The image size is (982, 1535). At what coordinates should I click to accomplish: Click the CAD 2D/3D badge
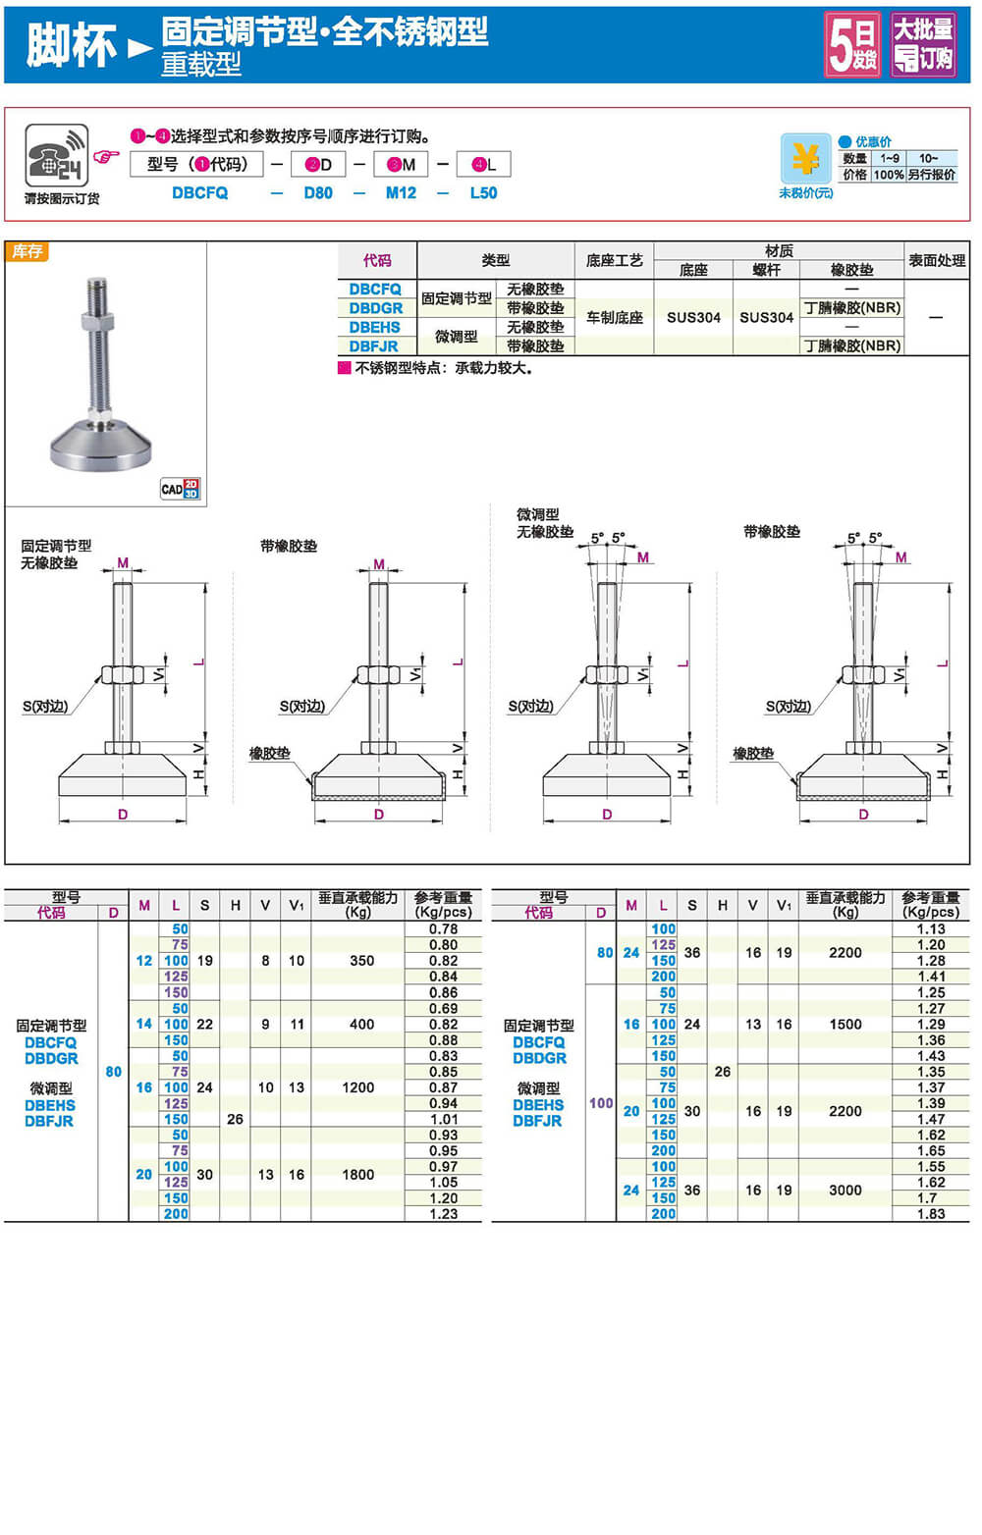(181, 489)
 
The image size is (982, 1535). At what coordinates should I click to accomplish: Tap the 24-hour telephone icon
(57, 155)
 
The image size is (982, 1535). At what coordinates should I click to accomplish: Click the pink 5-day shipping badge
(852, 45)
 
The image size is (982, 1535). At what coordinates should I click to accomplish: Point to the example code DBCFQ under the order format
(199, 193)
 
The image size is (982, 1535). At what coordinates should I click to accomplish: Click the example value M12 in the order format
(402, 193)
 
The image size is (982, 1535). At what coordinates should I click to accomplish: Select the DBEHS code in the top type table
(374, 327)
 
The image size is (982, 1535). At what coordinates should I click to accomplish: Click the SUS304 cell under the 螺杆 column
(766, 317)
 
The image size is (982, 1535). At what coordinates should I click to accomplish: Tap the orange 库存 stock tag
(27, 251)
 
